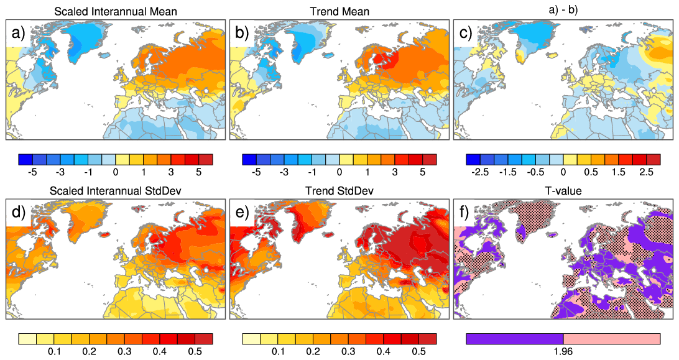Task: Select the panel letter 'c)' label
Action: [464, 35]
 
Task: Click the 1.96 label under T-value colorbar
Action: [563, 351]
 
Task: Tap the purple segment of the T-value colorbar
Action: [514, 339]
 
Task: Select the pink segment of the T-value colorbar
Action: [611, 339]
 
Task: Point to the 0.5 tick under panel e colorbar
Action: [420, 351]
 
